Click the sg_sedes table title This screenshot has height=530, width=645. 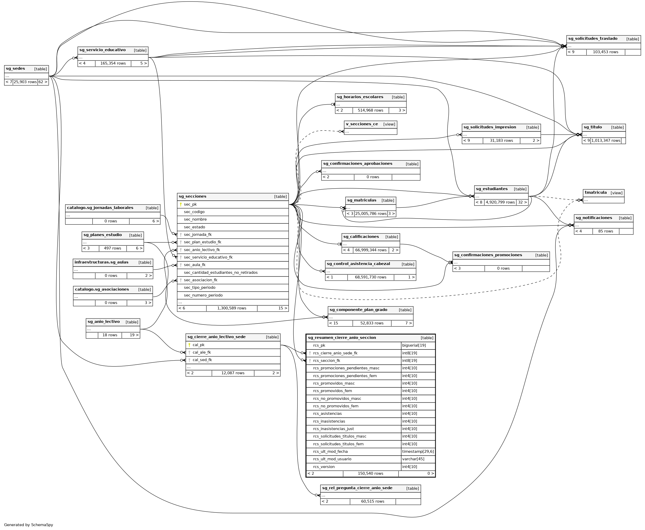pyautogui.click(x=15, y=69)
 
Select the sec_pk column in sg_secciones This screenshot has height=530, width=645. pyautogui.click(x=190, y=205)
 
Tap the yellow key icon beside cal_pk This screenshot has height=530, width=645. pyautogui.click(x=189, y=345)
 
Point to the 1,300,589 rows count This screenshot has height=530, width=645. pyautogui.click(x=231, y=308)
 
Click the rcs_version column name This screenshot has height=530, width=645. pyautogui.click(x=324, y=467)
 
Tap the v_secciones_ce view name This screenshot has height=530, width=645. pyautogui.click(x=362, y=124)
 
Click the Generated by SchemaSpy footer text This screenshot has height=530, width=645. pyautogui.click(x=29, y=525)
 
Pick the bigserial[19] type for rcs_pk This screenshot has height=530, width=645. pyautogui.click(x=414, y=346)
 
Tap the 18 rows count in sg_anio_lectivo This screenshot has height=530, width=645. pyautogui.click(x=110, y=335)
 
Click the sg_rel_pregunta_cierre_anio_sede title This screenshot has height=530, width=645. pyautogui.click(x=357, y=488)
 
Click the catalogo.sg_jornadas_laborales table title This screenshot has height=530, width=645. pyautogui.click(x=100, y=208)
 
